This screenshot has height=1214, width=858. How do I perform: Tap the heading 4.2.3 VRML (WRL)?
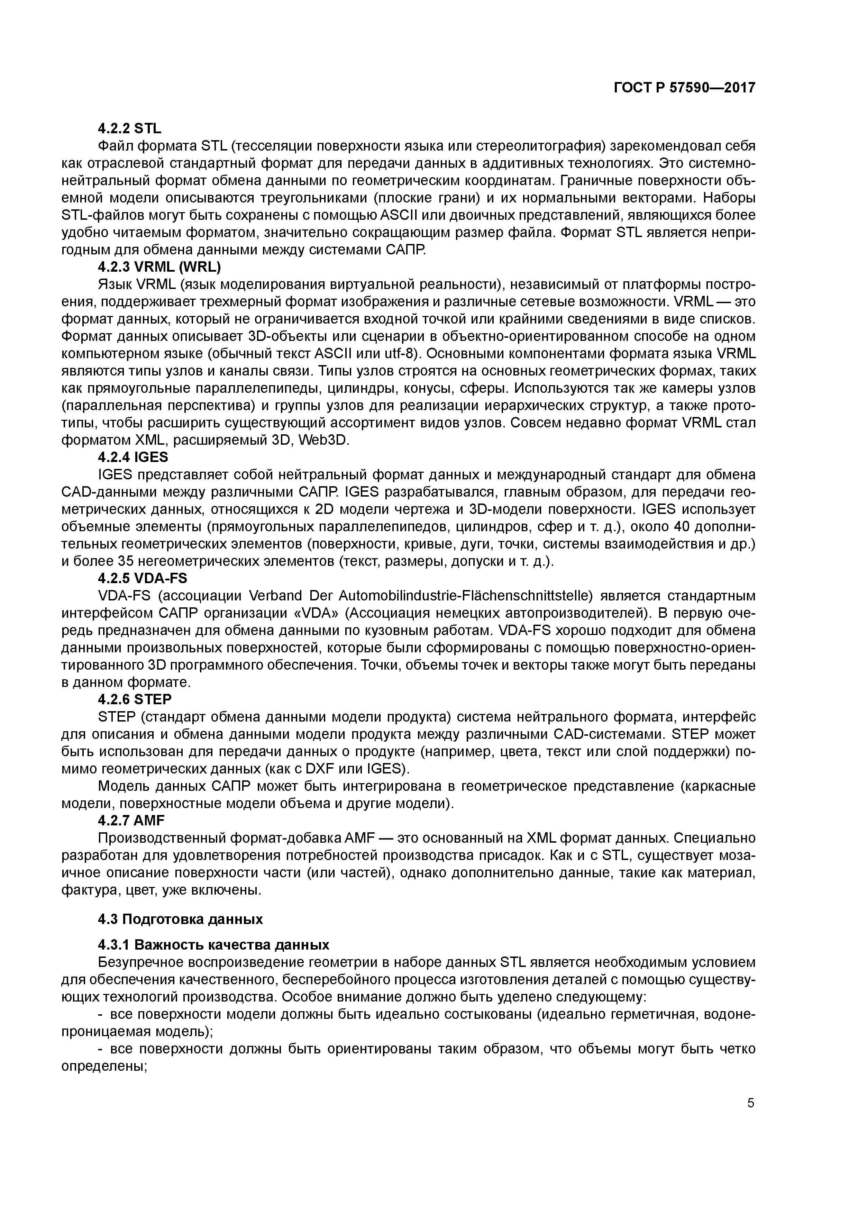159,267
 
